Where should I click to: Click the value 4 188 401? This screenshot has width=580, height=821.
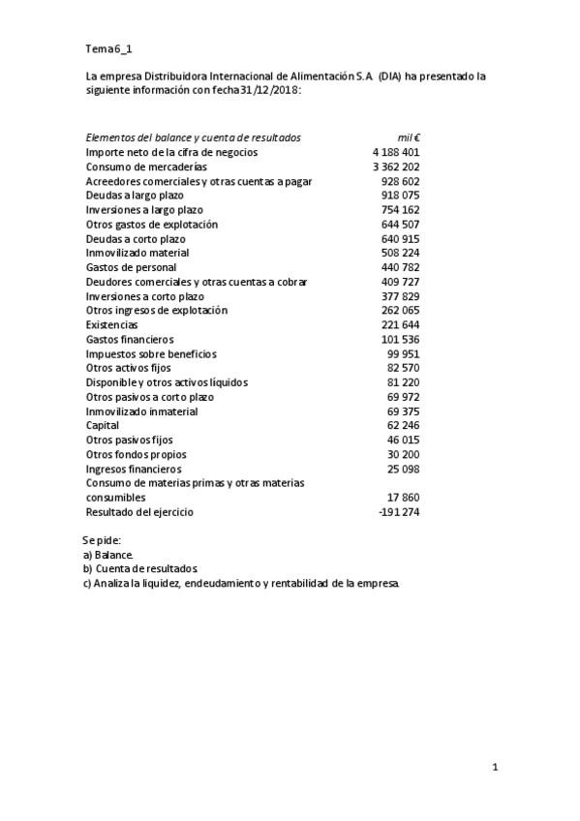[x=395, y=152]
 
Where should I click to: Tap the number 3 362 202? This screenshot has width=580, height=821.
[x=395, y=167]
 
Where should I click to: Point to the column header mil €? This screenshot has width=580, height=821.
[x=408, y=137]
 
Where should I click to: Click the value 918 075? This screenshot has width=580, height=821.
[x=400, y=196]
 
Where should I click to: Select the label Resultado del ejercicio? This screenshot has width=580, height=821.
[x=139, y=512]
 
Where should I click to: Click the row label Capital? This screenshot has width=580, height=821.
[x=103, y=425]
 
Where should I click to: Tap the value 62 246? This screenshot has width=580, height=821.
[x=403, y=425]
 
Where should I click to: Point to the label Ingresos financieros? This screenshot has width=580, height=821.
[x=134, y=469]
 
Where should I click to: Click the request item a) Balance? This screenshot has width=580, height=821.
[x=108, y=555]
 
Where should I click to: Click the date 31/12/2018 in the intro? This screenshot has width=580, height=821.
[x=270, y=89]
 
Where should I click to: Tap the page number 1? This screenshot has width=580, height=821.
[x=495, y=768]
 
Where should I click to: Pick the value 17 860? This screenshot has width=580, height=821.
[x=403, y=497]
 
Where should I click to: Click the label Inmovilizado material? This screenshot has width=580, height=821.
[x=141, y=253]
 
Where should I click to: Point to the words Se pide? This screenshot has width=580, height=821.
[x=103, y=539]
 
